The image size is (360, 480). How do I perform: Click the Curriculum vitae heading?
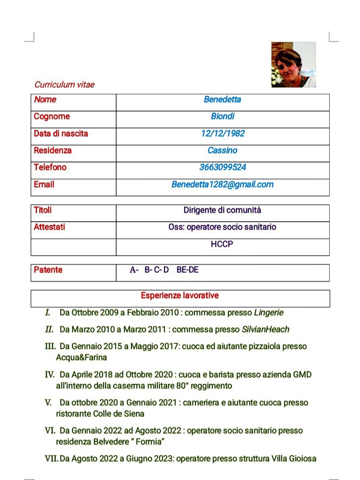click(64, 85)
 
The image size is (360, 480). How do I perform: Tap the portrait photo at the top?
click(293, 65)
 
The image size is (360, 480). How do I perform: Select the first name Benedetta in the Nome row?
click(222, 99)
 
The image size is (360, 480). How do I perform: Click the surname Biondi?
click(222, 116)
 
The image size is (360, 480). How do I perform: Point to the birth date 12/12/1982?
click(223, 133)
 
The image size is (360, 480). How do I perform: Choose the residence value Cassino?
click(222, 150)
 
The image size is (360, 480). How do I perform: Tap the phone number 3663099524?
click(223, 167)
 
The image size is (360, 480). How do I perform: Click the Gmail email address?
click(222, 184)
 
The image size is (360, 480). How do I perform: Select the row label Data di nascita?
click(61, 133)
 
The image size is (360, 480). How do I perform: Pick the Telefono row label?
click(50, 167)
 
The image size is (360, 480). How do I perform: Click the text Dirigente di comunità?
click(222, 210)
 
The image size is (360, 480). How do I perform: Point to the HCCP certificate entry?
click(222, 244)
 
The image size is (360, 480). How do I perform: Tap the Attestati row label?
click(49, 227)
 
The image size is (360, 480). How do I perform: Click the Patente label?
click(48, 270)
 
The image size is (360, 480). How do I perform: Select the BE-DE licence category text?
click(187, 270)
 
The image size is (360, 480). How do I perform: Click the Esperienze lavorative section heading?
click(180, 296)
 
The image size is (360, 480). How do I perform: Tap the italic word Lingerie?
click(269, 313)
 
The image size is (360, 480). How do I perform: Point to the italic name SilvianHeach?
click(265, 330)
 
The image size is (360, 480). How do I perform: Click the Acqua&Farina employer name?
click(81, 358)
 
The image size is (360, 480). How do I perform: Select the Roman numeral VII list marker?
click(52, 459)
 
